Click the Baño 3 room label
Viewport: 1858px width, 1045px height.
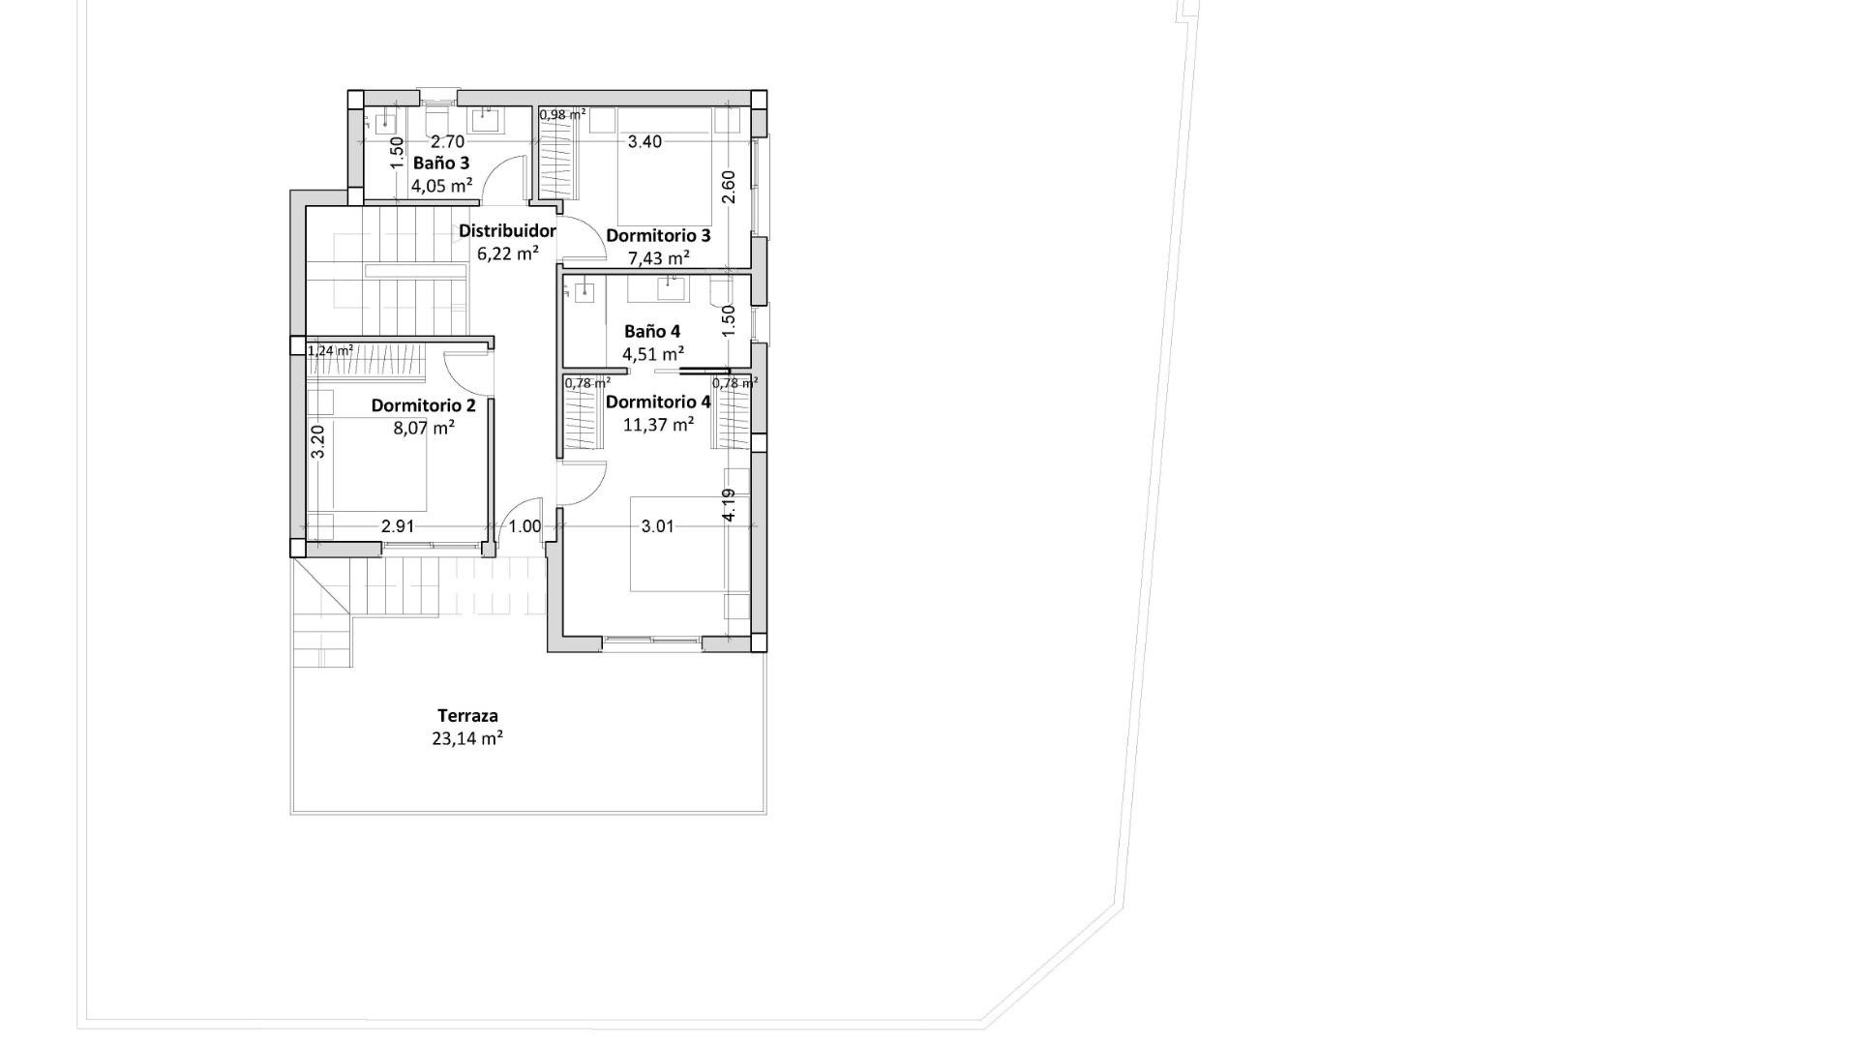pyautogui.click(x=440, y=164)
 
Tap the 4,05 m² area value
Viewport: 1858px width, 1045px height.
pyautogui.click(x=441, y=186)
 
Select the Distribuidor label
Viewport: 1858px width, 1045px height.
pyautogui.click(x=507, y=231)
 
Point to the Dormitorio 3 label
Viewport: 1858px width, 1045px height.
pyautogui.click(x=658, y=236)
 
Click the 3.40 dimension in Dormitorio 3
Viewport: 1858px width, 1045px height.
pyautogui.click(x=644, y=142)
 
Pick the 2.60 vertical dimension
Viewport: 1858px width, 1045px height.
pyautogui.click(x=729, y=186)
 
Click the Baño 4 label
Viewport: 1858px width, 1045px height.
pyautogui.click(x=651, y=331)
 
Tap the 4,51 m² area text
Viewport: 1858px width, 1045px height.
pyautogui.click(x=653, y=353)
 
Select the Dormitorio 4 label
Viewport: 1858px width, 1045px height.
pyautogui.click(x=658, y=402)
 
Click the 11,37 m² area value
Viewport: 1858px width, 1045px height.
pyautogui.click(x=658, y=425)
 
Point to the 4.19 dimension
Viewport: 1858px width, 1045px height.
pyautogui.click(x=729, y=504)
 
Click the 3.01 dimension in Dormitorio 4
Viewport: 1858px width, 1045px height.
pyautogui.click(x=658, y=526)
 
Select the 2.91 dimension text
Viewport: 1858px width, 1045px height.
pyautogui.click(x=398, y=526)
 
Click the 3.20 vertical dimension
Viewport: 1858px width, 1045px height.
pyautogui.click(x=317, y=442)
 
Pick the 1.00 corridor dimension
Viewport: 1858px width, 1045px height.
pyautogui.click(x=524, y=526)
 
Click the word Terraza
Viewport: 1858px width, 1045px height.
pyautogui.click(x=467, y=716)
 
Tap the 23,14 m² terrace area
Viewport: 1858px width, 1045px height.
pyautogui.click(x=467, y=739)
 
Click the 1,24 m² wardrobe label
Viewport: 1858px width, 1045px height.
pyautogui.click(x=330, y=351)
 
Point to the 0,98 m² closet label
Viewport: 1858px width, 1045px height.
pyautogui.click(x=562, y=114)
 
